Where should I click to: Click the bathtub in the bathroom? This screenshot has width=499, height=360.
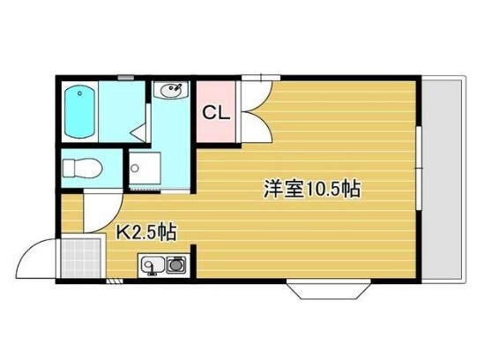[x=80, y=112]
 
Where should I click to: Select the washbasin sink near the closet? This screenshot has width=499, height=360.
[x=171, y=90]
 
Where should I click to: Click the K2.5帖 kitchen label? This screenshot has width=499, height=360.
[x=146, y=233]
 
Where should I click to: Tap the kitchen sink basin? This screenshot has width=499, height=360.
[x=150, y=264]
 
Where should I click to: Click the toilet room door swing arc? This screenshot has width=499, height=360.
[x=97, y=208]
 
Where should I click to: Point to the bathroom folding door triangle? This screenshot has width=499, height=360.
[x=138, y=132]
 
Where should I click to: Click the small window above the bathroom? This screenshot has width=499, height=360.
[x=126, y=77]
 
